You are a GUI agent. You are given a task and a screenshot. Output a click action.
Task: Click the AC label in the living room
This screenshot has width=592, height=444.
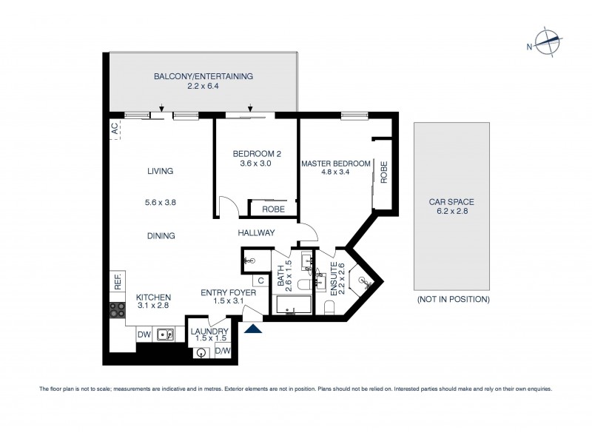(x=115, y=129)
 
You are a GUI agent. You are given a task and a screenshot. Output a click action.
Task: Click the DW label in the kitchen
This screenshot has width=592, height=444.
(x=144, y=334)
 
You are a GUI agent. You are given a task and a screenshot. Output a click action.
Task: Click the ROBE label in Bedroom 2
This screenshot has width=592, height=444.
(x=272, y=209)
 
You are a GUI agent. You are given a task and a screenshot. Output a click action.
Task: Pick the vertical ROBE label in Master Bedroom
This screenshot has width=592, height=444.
(x=383, y=172)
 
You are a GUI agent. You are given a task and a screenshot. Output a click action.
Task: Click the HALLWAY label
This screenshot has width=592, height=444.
(x=257, y=232)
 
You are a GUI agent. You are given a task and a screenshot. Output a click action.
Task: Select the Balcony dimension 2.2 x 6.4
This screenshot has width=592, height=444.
(x=203, y=87)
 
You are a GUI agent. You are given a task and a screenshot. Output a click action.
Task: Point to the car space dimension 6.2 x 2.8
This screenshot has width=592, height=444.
(x=452, y=211)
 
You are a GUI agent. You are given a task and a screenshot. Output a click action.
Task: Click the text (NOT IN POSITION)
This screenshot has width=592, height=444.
(x=452, y=299)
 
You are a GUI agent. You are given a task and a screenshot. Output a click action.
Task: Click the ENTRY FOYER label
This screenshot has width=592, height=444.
(x=229, y=293)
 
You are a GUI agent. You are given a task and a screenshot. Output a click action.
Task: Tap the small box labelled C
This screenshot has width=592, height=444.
(x=261, y=280)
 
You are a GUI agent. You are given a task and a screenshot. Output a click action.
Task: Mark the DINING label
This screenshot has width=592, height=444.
(x=160, y=236)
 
